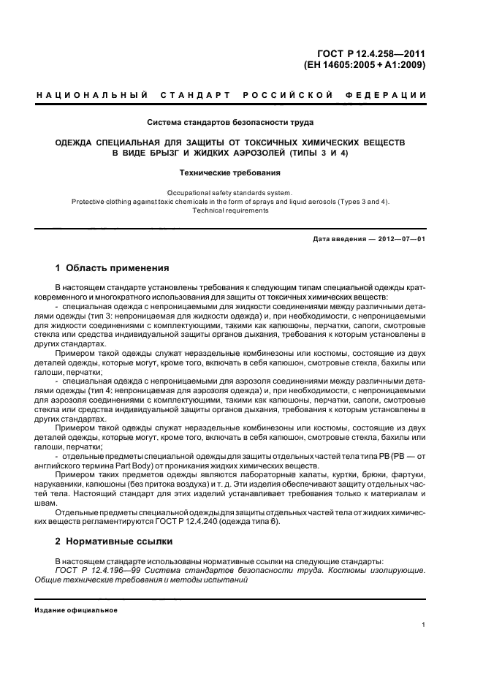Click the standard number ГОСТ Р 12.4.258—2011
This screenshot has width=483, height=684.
[x=373, y=52]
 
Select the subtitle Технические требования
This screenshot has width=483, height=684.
[x=230, y=172]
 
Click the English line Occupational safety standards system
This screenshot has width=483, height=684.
[x=230, y=193]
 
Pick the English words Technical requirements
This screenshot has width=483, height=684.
[x=230, y=210]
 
